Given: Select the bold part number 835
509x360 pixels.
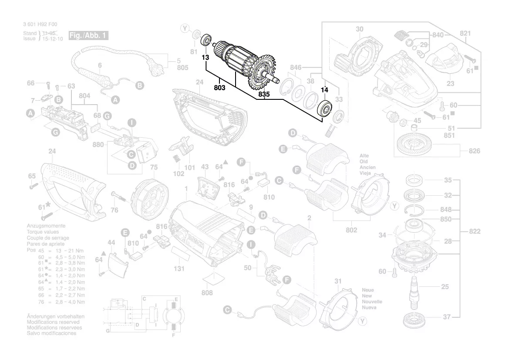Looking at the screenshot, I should point(264,94).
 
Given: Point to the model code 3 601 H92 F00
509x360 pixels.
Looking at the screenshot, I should point(40,25).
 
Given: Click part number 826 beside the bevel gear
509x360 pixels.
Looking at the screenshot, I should point(475,151).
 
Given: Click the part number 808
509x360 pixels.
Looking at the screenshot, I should point(207,293).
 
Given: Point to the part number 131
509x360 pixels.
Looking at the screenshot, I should point(179,269).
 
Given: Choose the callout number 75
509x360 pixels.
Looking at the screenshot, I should point(153,167).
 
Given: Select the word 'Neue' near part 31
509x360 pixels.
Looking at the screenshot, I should point(368,290).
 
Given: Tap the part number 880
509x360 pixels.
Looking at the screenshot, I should point(98,145).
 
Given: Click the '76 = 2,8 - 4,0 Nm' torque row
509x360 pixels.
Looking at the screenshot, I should point(61,302).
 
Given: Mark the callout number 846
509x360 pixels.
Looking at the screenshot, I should point(296,68).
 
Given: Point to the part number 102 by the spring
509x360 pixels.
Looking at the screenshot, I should point(179,173).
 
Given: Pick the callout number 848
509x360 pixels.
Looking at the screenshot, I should point(446,209).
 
